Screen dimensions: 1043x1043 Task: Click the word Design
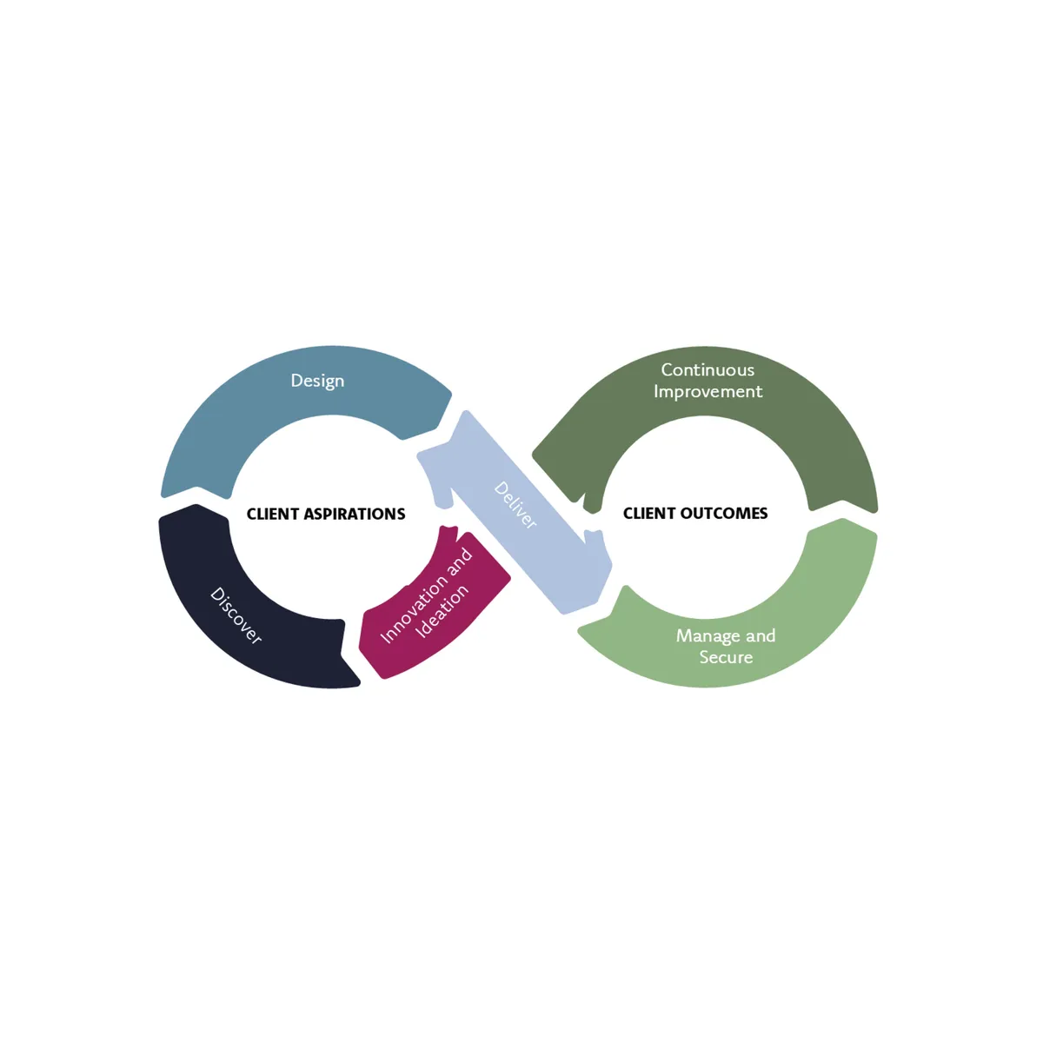(317, 381)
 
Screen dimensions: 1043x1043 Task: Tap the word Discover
(236, 615)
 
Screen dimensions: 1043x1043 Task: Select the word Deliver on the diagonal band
(515, 505)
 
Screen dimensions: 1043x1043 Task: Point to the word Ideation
(442, 611)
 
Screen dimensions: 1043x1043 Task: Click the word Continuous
(708, 370)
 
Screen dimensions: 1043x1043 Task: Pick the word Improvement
(708, 392)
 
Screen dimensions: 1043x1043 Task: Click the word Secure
(726, 658)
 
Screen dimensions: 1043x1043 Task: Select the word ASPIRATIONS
(355, 514)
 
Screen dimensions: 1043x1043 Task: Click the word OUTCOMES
(724, 514)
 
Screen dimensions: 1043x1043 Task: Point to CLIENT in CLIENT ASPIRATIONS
(273, 514)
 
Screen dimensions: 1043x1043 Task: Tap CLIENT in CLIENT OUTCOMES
(649, 514)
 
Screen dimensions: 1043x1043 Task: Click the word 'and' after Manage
(761, 636)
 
